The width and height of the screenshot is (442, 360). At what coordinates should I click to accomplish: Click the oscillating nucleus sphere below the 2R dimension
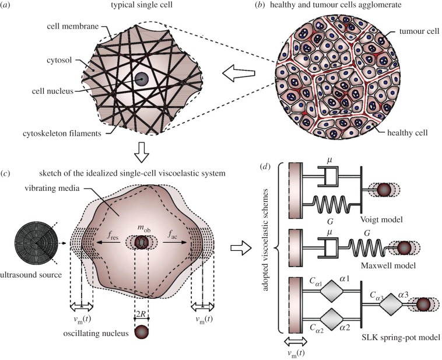pyautogui.click(x=141, y=333)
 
